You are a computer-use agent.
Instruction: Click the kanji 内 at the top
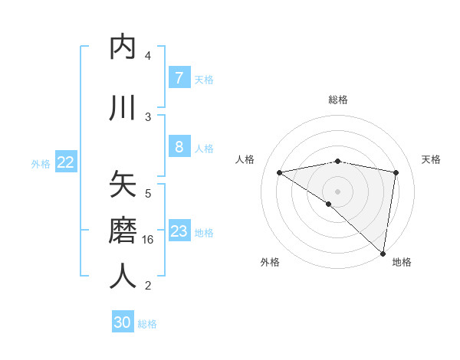pyautogui.click(x=123, y=47)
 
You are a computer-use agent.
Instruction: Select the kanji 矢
pyautogui.click(x=123, y=185)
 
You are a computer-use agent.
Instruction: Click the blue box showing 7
pyautogui.click(x=179, y=78)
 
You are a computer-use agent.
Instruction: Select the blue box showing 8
pyautogui.click(x=179, y=148)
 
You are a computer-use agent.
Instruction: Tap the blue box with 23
pyautogui.click(x=179, y=231)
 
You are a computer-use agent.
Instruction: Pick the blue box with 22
pyautogui.click(x=66, y=162)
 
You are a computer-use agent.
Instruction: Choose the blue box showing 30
pyautogui.click(x=123, y=322)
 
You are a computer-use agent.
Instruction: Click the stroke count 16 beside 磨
pyautogui.click(x=149, y=240)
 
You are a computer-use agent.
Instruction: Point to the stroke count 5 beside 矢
pyautogui.click(x=148, y=194)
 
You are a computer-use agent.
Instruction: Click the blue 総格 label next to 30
pyautogui.click(x=147, y=324)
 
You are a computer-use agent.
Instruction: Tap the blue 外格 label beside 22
pyautogui.click(x=41, y=163)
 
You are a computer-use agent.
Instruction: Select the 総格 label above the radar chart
pyautogui.click(x=337, y=100)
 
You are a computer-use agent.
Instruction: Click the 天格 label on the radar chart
pyautogui.click(x=431, y=159)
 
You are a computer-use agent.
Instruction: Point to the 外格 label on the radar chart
pyautogui.click(x=270, y=262)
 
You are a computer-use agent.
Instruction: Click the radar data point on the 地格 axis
pyautogui.click(x=383, y=253)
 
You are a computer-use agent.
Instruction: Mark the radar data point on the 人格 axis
pyautogui.click(x=279, y=172)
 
